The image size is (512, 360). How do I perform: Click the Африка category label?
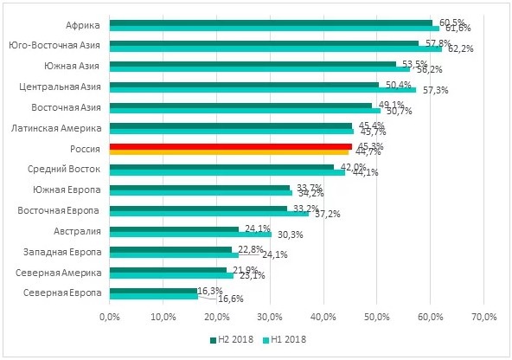83,25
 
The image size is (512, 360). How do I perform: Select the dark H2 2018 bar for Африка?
272,22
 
